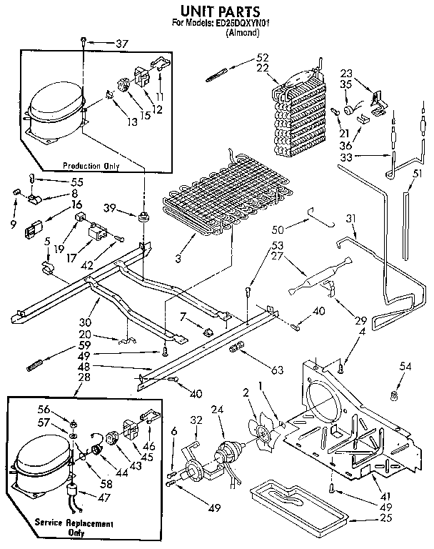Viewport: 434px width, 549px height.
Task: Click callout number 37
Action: (121, 44)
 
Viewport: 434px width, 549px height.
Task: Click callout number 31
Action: (350, 218)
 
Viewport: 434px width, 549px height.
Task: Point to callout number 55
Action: (56, 181)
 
